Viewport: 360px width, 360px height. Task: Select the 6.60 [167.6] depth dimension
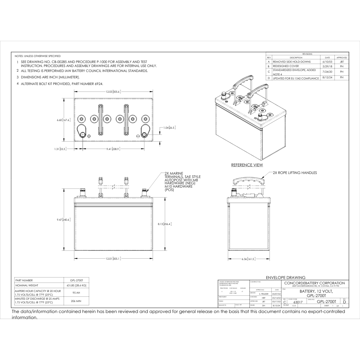point(64,120)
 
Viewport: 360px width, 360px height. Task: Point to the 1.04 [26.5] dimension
point(169,128)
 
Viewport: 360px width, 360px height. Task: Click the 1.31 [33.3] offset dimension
point(60,149)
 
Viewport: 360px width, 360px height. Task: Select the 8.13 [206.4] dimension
point(165,224)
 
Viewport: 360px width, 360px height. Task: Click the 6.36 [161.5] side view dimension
point(249,258)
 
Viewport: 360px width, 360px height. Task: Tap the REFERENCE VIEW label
point(247,165)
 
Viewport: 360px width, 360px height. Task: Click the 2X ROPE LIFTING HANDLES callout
point(295,173)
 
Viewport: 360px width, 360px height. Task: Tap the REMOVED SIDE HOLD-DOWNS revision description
point(292,62)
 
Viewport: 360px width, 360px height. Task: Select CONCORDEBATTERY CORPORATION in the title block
point(314,283)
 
